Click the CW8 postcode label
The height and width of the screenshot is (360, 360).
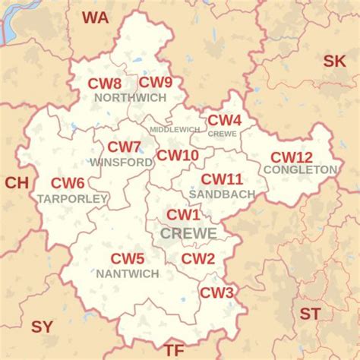[104, 84]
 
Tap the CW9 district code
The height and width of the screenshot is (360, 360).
[155, 83]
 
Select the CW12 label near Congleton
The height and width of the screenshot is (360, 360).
[292, 157]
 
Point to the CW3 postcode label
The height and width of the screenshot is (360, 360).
[216, 292]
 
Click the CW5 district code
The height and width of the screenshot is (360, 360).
[128, 259]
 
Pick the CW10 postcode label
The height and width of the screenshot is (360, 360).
[177, 156]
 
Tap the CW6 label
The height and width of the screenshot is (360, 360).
[68, 183]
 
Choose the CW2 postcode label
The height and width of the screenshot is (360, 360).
[198, 259]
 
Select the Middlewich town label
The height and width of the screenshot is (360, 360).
[174, 130]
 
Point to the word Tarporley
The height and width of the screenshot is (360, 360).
[72, 198]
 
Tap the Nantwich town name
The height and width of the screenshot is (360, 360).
[128, 273]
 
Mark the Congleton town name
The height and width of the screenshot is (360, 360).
[301, 169]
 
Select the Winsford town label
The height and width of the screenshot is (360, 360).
[122, 162]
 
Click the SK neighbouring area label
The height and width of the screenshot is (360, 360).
[334, 62]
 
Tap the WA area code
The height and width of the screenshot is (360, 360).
[96, 17]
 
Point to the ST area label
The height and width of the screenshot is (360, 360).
[310, 314]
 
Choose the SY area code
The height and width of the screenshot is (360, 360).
[43, 327]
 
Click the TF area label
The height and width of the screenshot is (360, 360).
[175, 350]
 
